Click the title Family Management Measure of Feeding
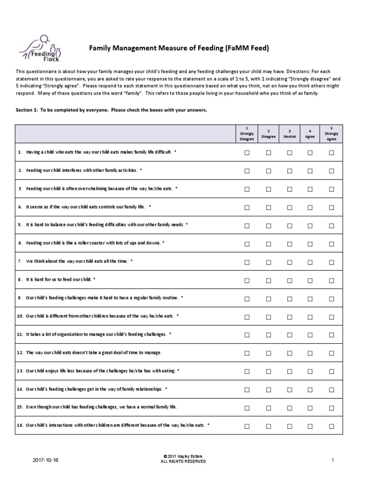(180, 48)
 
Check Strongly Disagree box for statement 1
(247, 153)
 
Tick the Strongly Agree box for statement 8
(331, 280)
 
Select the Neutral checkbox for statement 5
(290, 226)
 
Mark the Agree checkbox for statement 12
(310, 353)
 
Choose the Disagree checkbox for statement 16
(269, 426)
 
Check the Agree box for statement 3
(310, 189)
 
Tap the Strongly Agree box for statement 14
(331, 390)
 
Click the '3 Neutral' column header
(290, 134)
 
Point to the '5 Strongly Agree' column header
(331, 134)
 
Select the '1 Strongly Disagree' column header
(247, 134)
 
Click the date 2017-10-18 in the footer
(46, 460)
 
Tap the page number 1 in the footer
(332, 460)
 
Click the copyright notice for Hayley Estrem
(184, 459)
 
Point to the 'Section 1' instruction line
(112, 110)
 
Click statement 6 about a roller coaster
(91, 244)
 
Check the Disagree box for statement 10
(269, 317)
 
